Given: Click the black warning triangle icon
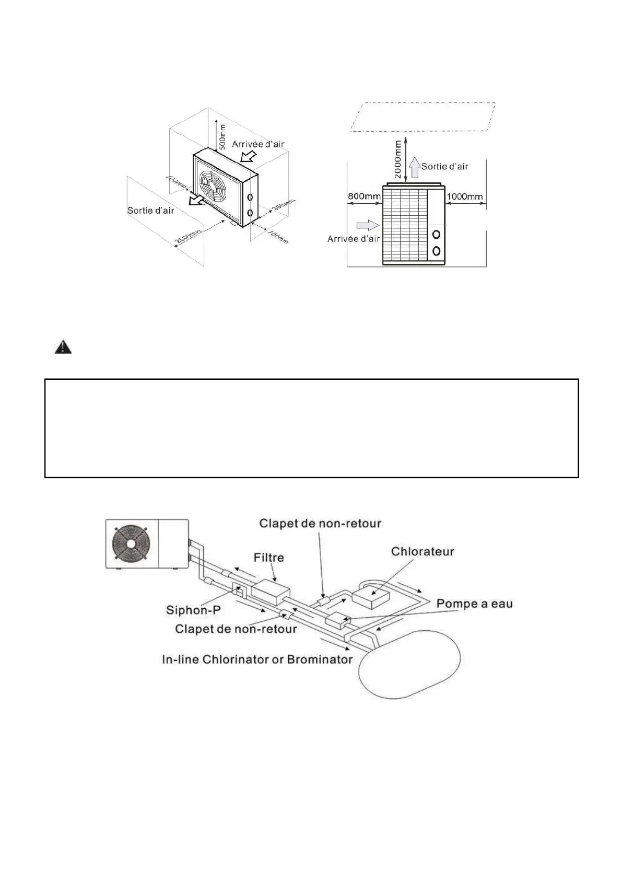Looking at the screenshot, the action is pyautogui.click(x=63, y=347).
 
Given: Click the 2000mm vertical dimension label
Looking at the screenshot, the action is pyautogui.click(x=398, y=159).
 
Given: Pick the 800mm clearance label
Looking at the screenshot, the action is pyautogui.click(x=365, y=196).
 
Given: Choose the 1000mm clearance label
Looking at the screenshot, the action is pyautogui.click(x=465, y=196).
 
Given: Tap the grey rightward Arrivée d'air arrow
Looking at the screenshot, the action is pyautogui.click(x=367, y=225).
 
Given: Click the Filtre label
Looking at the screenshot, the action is pyautogui.click(x=269, y=558).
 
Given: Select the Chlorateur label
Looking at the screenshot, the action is pyautogui.click(x=423, y=551).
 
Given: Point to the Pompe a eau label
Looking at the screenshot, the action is pyautogui.click(x=474, y=604).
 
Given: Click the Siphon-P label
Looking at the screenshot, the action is pyautogui.click(x=193, y=610).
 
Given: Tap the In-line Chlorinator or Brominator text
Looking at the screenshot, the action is pyautogui.click(x=257, y=659).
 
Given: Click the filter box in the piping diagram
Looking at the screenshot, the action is pyautogui.click(x=271, y=591).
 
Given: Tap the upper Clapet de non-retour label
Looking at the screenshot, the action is pyautogui.click(x=320, y=523).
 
